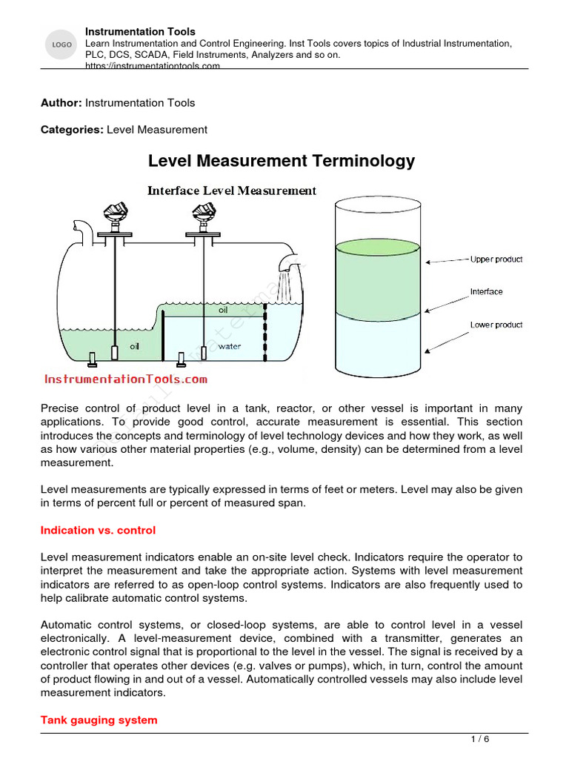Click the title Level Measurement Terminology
(x=282, y=161)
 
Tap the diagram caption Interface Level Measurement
(x=232, y=190)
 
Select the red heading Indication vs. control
(x=98, y=531)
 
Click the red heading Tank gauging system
(x=99, y=720)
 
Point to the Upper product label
(x=496, y=259)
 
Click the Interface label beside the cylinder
(x=486, y=291)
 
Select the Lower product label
(x=496, y=325)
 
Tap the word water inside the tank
(x=230, y=346)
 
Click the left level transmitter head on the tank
(x=114, y=213)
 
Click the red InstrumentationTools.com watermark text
(x=126, y=379)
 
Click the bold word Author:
(x=61, y=102)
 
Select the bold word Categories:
(x=72, y=130)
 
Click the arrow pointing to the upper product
(x=448, y=260)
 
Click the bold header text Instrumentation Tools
(x=140, y=32)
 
